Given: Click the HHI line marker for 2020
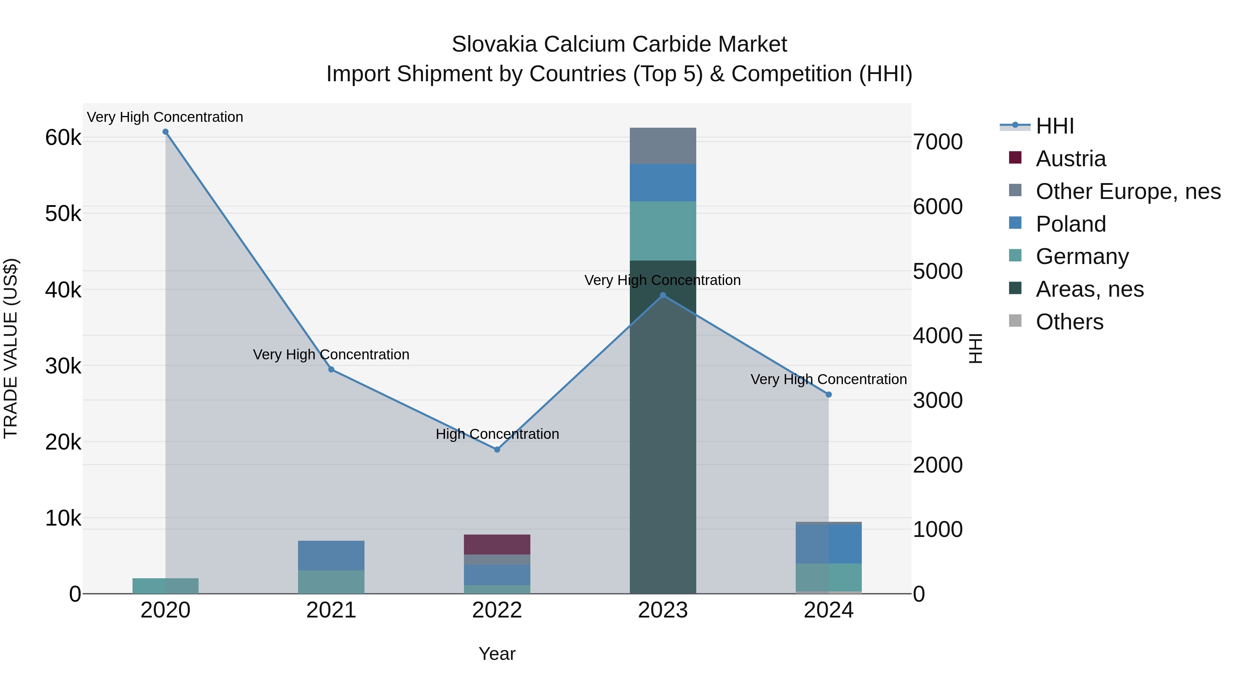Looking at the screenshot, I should coord(166,132).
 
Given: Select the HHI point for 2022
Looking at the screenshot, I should coord(497,450).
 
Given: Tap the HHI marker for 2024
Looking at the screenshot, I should coord(828,394).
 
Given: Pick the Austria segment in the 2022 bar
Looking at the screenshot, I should coord(497,545).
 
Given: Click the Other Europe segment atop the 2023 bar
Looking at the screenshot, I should coord(663,146).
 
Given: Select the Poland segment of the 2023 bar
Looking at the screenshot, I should coord(663,182).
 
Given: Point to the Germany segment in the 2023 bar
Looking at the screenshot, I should coord(663,231).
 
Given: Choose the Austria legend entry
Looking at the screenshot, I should coord(1071,159).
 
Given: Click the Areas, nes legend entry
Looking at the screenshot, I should coord(1089,289).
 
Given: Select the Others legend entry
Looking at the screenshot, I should coord(1069,322).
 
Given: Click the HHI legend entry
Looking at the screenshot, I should coord(1054,126).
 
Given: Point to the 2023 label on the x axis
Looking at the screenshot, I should coord(663,610).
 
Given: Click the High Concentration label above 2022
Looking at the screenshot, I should coord(497,434).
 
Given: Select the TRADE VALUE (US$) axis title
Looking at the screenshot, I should coord(11,348).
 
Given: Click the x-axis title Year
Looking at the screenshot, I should coord(497,654).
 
